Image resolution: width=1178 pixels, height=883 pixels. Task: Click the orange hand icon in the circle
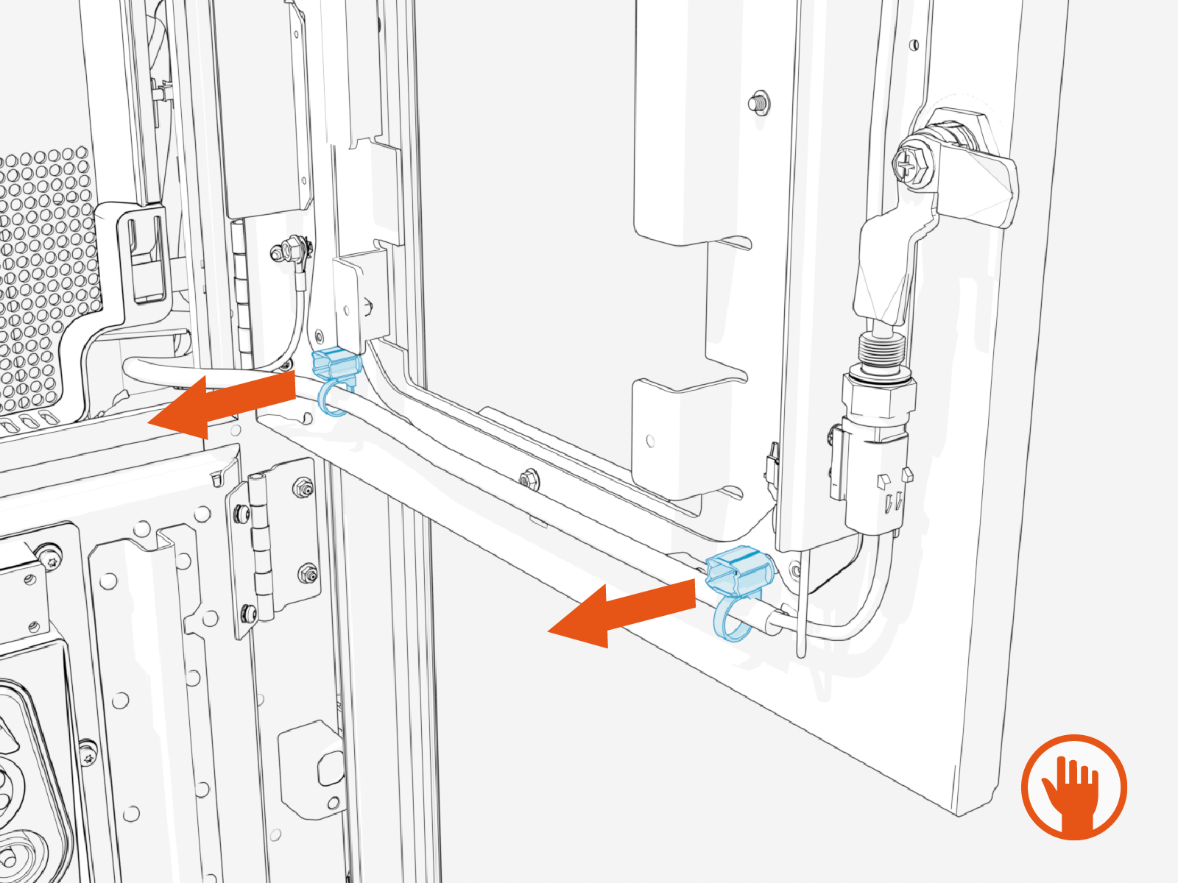pos(1074,787)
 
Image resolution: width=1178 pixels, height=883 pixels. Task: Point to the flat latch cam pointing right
pos(983,190)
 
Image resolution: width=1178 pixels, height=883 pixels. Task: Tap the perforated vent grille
pos(44,280)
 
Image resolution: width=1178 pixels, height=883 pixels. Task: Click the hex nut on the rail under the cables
pos(527,479)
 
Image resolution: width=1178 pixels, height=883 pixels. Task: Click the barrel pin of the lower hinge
pos(260,545)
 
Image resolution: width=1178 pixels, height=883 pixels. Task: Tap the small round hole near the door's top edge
pos(914,45)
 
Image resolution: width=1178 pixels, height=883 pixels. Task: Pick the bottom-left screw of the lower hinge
pos(250,611)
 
